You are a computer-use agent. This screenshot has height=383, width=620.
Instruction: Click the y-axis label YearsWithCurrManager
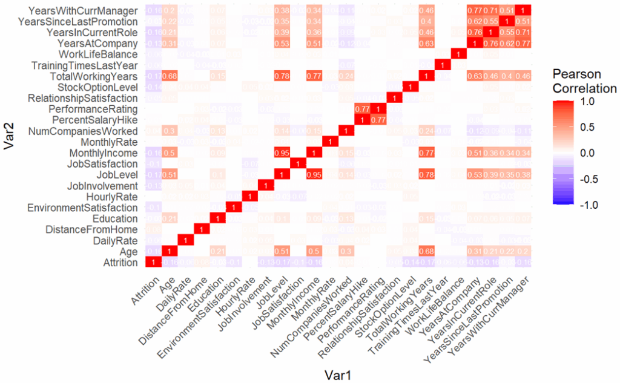tap(85, 11)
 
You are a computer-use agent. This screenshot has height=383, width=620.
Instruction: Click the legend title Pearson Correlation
tap(585, 81)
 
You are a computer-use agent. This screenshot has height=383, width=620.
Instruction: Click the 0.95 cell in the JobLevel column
tap(281, 152)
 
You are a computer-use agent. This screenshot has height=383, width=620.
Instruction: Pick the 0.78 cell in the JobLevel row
tap(428, 174)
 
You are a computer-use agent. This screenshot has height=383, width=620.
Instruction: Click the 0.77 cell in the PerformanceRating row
tap(363, 109)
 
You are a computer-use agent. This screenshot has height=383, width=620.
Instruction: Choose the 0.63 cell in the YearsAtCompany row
tap(428, 44)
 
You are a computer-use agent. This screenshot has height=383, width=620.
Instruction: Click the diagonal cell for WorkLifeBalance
tap(461, 54)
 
